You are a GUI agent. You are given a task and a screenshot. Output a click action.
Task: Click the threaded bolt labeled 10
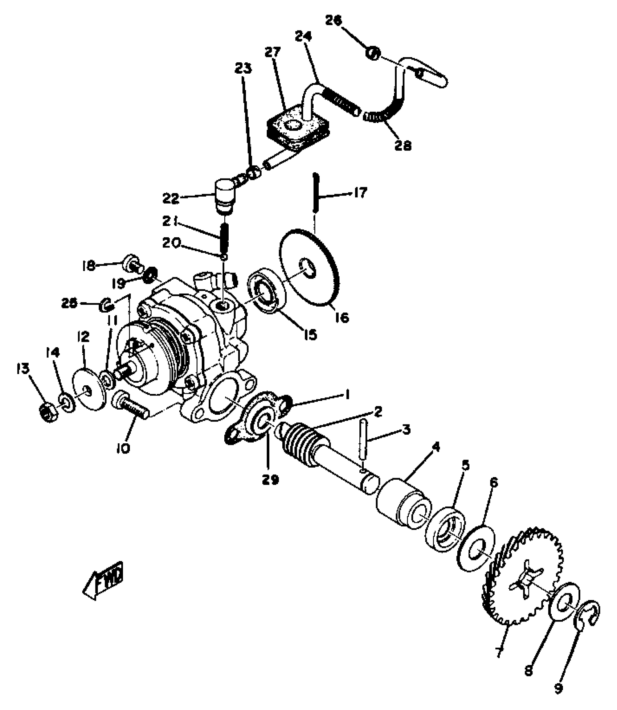click(131, 406)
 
